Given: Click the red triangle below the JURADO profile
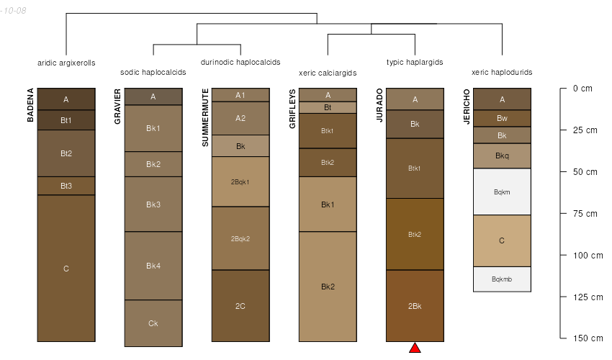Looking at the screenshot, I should click(x=415, y=348).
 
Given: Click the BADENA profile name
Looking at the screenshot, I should click(x=31, y=105).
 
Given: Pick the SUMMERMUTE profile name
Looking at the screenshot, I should click(x=205, y=118).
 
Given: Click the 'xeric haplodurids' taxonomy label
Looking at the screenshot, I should click(x=502, y=73).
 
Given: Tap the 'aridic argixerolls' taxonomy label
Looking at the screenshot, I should click(x=66, y=63).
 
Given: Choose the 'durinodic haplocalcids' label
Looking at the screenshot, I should click(x=240, y=63).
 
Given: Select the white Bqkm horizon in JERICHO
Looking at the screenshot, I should click(x=502, y=192).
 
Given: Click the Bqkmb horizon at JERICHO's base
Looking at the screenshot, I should click(x=502, y=279).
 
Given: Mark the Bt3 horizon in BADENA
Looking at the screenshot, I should click(x=66, y=186).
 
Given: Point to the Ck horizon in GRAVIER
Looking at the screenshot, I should click(x=153, y=323).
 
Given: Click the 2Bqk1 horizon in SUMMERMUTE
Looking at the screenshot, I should click(x=240, y=181).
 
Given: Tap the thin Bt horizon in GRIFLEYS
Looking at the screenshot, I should click(x=328, y=107).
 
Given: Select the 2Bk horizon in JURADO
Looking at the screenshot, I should click(x=415, y=306).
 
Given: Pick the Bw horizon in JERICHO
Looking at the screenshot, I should click(x=502, y=118).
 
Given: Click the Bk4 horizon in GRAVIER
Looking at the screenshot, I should click(x=153, y=266).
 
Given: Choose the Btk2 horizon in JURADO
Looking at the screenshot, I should click(x=415, y=234).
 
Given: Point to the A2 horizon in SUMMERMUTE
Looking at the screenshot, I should click(x=240, y=118).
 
